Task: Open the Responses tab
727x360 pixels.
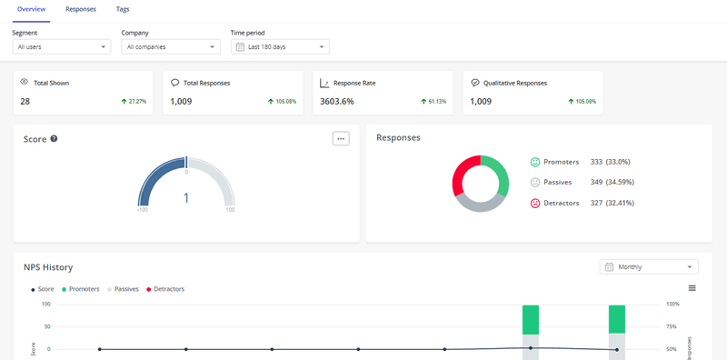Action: (81, 8)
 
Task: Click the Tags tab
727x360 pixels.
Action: (123, 8)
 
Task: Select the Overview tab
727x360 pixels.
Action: (32, 8)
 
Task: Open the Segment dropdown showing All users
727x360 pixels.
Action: (62, 46)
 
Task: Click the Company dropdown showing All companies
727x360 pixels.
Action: (170, 46)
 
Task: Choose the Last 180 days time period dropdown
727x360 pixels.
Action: (280, 46)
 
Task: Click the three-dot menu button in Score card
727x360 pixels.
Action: (341, 138)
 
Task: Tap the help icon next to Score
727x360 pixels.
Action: (55, 138)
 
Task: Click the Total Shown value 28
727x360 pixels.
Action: (25, 101)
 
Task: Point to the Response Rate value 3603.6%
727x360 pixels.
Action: (338, 101)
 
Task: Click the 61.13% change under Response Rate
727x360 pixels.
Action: (433, 101)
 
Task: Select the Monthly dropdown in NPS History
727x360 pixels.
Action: (649, 266)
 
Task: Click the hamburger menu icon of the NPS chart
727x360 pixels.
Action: (692, 288)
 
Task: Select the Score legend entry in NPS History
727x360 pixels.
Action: (44, 289)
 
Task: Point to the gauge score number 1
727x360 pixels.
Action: (186, 197)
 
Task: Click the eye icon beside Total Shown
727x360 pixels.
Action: (25, 82)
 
